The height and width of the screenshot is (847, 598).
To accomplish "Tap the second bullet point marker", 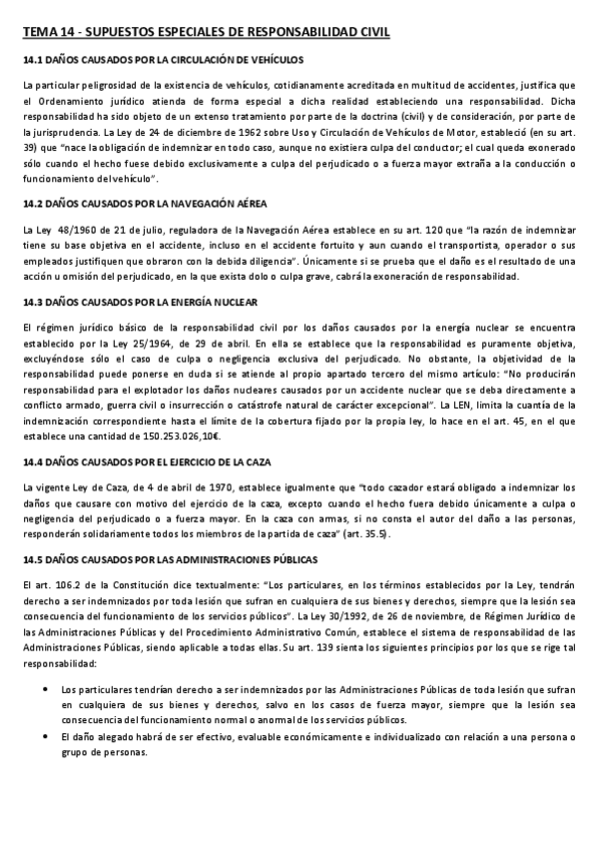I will (x=48, y=737).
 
